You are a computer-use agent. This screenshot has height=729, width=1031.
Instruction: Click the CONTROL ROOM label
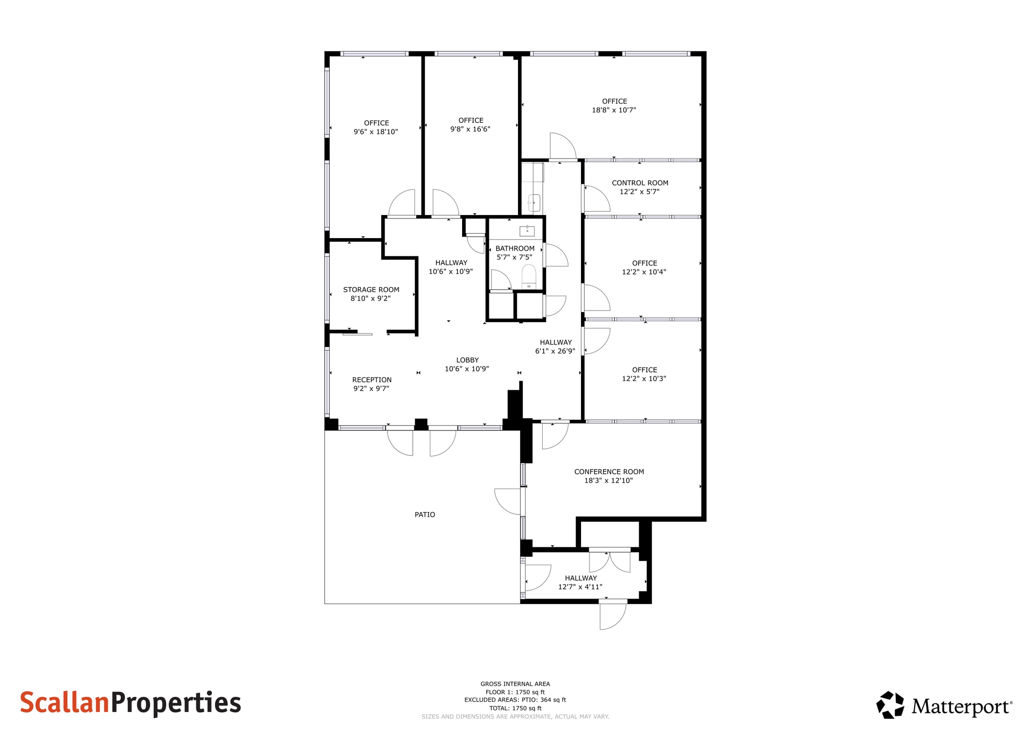[640, 183]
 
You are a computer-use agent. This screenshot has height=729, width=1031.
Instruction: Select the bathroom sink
[527, 231]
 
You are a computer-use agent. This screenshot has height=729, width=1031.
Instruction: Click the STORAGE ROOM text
[371, 289]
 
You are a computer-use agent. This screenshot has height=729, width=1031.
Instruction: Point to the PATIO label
[424, 515]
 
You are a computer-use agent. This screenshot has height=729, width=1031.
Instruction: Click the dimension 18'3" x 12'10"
[609, 481]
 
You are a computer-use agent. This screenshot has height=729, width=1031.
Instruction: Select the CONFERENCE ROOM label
[609, 472]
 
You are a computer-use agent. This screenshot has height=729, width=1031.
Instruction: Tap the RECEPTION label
[372, 380]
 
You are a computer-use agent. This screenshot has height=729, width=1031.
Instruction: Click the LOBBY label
[467, 360]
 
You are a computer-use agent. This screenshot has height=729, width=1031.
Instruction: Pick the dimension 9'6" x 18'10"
[376, 132]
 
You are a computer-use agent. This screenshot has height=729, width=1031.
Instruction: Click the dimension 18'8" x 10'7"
[614, 110]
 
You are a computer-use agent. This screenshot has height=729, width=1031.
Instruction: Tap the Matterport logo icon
[890, 705]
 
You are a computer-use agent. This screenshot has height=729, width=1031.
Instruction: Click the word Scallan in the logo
[64, 703]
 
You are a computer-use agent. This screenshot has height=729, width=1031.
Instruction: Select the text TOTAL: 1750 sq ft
[515, 708]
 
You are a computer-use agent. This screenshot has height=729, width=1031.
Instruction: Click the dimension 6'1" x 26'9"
[555, 351]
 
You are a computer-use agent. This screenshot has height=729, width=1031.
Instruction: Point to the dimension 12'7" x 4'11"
[580, 587]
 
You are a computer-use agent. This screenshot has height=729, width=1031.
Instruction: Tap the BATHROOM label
[514, 248]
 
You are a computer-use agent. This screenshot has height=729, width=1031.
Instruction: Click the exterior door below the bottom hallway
[612, 615]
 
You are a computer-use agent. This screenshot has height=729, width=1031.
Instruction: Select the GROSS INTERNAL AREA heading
[515, 684]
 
